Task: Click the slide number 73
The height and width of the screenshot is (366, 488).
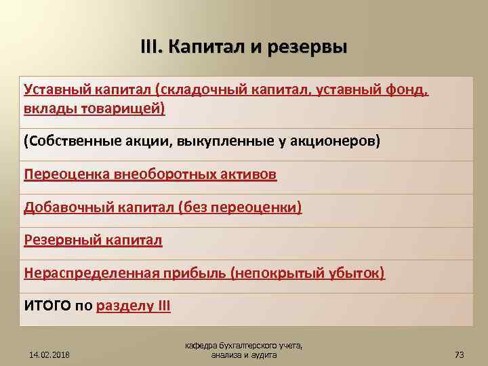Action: pos(458,354)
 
